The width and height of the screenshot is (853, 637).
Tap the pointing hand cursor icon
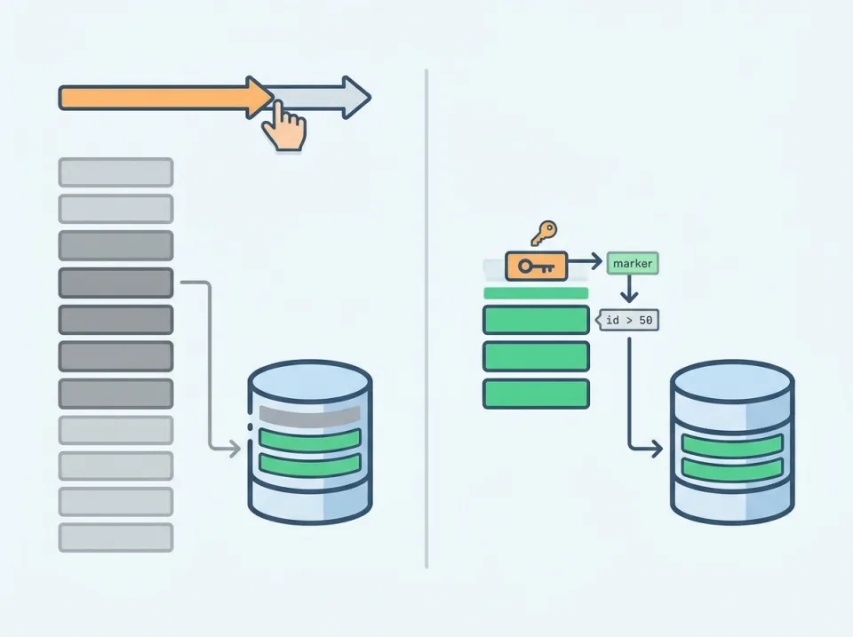(x=284, y=127)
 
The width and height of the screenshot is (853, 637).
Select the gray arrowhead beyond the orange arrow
(x=355, y=97)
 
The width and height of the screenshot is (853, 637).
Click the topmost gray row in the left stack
(x=116, y=171)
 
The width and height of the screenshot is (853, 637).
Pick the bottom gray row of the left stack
(x=116, y=537)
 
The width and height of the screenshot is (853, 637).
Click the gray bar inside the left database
(x=310, y=415)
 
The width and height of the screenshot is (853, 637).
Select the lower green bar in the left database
(x=310, y=464)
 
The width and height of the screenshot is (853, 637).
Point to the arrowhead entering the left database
(x=235, y=450)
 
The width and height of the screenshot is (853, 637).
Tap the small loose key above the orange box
(x=543, y=233)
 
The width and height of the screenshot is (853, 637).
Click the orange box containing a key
(x=536, y=265)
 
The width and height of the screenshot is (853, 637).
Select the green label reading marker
(x=633, y=263)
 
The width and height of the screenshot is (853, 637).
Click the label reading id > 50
(x=630, y=320)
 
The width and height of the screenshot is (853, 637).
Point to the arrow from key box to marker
(x=586, y=263)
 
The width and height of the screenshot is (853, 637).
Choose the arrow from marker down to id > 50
(x=630, y=290)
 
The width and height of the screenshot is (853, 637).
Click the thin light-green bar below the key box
(x=535, y=293)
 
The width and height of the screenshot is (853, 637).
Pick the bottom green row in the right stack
(x=536, y=393)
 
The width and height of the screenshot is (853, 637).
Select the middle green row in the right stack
(x=536, y=355)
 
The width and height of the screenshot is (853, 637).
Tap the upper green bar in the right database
(x=732, y=445)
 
